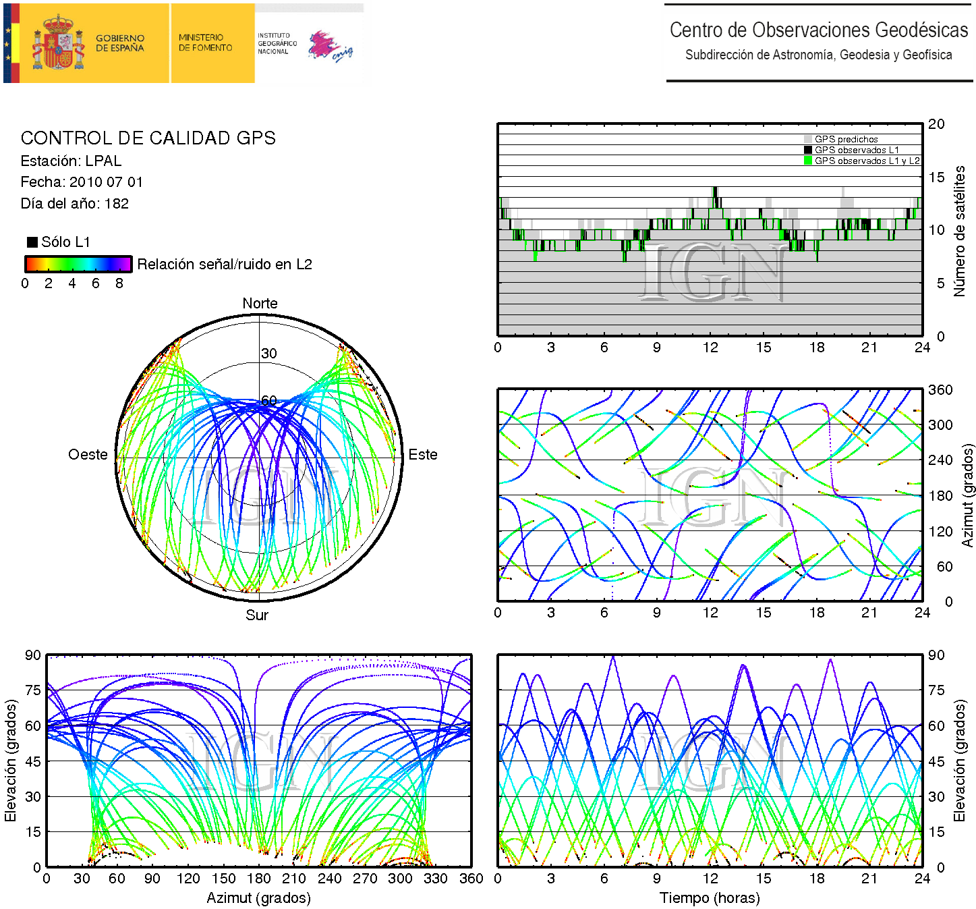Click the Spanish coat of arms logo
59,43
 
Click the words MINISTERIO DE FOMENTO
205,43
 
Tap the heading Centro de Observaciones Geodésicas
818,30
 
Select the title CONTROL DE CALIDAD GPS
148,138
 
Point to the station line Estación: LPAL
71,161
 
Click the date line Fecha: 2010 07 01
82,182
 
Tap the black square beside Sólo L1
32,242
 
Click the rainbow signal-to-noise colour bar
78,264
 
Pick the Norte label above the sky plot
260,304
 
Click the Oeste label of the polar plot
88,455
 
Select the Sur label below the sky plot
257,615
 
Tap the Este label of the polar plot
423,455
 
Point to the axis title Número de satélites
959,231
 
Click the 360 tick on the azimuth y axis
940,390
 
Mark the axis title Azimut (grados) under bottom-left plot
258,898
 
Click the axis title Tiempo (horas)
710,898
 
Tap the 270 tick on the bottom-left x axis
365,879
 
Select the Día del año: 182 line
75,204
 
